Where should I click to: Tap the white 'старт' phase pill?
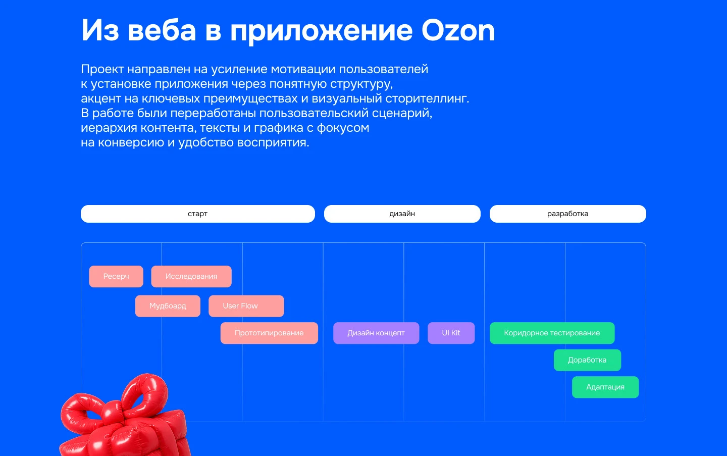click(x=197, y=214)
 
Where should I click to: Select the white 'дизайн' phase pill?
click(x=402, y=214)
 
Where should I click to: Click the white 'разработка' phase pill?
click(x=567, y=214)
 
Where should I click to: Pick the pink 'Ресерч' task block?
click(x=116, y=276)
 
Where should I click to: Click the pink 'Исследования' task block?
click(x=191, y=276)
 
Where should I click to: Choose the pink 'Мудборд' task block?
click(x=168, y=306)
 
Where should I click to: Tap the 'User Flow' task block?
click(x=246, y=306)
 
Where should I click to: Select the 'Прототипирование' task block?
click(x=269, y=333)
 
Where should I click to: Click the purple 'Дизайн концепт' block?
click(x=376, y=333)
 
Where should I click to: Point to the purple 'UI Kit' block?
click(x=451, y=333)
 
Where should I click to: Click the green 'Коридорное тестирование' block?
click(x=552, y=333)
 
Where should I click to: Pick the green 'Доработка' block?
click(x=587, y=360)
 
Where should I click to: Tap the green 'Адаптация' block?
click(x=605, y=387)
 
